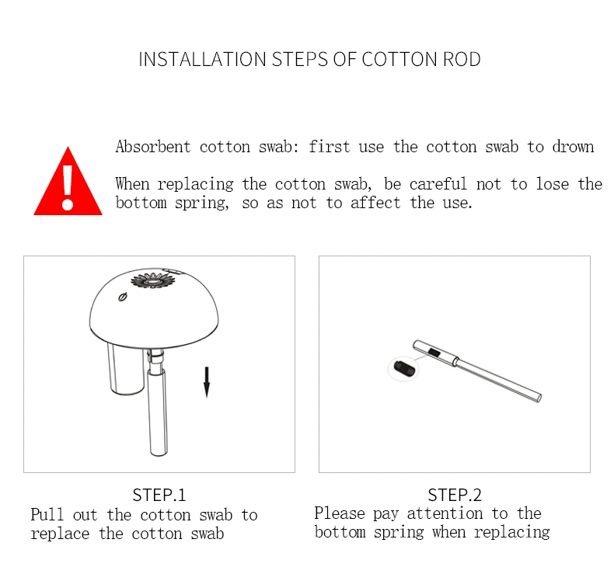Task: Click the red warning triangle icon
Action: point(68,186)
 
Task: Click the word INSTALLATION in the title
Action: point(202,60)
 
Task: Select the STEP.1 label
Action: point(159,495)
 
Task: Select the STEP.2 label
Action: point(455,495)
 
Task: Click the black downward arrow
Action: point(207,382)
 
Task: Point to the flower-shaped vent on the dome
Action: point(152,280)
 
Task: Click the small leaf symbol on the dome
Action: point(123,297)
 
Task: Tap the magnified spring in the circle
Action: point(403,368)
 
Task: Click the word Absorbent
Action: point(153,147)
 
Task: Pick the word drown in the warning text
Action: point(573,147)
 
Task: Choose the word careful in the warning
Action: point(438,184)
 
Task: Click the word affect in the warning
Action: point(375,203)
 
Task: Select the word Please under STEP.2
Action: point(340,513)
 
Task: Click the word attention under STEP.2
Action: point(445,513)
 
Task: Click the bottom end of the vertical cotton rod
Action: point(159,454)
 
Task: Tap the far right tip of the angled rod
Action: point(539,398)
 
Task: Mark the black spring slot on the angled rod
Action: point(434,352)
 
